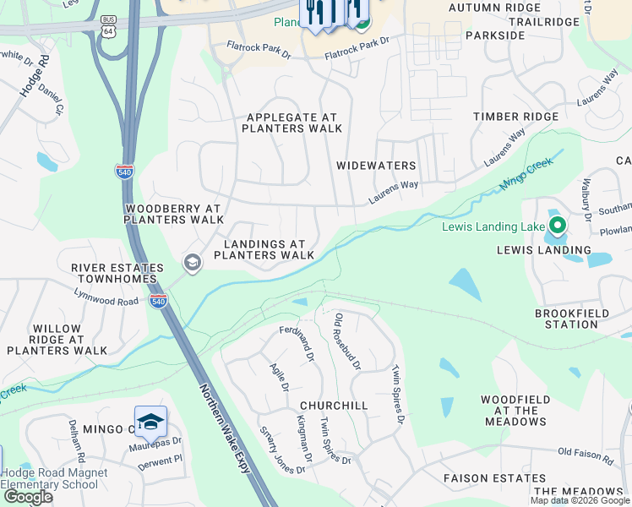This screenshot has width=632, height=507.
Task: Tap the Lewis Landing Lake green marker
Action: pyautogui.click(x=557, y=226)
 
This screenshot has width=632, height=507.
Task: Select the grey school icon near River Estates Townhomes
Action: pyautogui.click(x=193, y=264)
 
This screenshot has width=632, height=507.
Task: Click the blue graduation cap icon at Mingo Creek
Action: pyautogui.click(x=150, y=422)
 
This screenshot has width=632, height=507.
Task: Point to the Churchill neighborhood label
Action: pyautogui.click(x=334, y=406)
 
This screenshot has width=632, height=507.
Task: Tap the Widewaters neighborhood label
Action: pyautogui.click(x=376, y=166)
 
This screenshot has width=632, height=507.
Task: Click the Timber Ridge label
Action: pyautogui.click(x=515, y=117)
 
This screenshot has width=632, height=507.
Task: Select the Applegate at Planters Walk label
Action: pyautogui.click(x=291, y=123)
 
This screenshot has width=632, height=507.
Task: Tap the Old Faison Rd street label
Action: pyautogui.click(x=586, y=457)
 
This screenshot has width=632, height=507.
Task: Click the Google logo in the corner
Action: pyautogui.click(x=28, y=498)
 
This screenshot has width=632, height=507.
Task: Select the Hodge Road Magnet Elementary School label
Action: pyautogui.click(x=54, y=478)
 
